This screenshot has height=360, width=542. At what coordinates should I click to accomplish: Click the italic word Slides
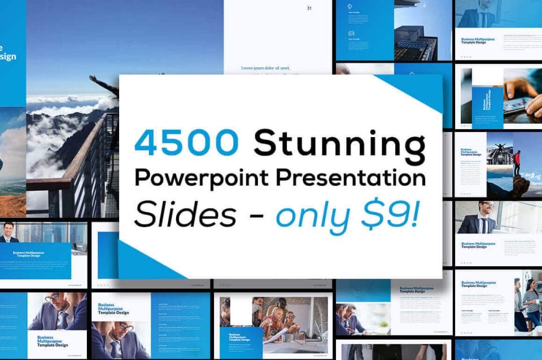click(186, 214)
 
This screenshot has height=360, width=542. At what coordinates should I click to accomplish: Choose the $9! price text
click(393, 214)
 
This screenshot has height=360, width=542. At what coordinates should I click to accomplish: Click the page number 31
click(309, 8)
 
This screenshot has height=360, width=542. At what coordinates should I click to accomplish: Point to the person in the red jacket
click(517, 163)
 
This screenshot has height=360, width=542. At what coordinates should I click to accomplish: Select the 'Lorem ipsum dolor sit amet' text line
click(265, 68)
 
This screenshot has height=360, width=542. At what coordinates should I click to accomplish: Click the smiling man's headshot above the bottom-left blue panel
click(8, 231)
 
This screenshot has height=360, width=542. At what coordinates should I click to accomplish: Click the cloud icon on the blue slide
click(351, 7)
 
